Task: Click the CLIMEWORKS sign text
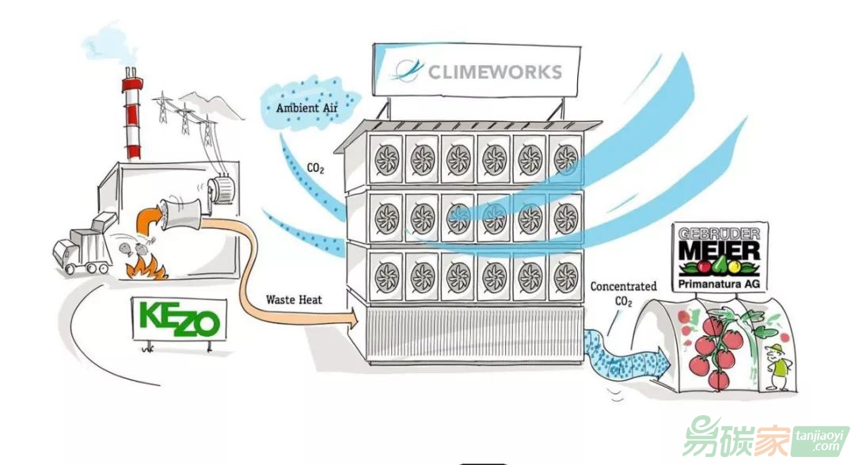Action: click(495, 72)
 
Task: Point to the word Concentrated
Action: click(623, 286)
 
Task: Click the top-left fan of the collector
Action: click(387, 159)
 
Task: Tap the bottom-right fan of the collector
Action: click(565, 277)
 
